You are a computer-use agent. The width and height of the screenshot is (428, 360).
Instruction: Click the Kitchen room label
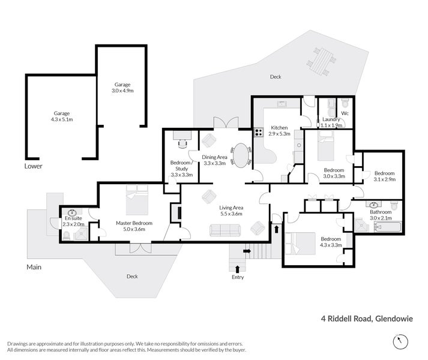point(279,128)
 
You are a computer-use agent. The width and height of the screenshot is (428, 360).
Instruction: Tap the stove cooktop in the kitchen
point(259,132)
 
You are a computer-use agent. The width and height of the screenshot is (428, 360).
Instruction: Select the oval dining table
point(241,155)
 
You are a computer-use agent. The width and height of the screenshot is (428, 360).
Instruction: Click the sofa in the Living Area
point(225,229)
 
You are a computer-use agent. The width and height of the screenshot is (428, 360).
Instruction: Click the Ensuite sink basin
point(73,212)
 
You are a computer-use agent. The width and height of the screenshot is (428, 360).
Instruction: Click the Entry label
point(238,277)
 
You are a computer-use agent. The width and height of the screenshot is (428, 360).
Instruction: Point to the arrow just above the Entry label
point(238,268)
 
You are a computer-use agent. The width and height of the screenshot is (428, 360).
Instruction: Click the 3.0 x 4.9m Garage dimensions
point(122,91)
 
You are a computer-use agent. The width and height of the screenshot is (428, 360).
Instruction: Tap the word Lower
point(34,166)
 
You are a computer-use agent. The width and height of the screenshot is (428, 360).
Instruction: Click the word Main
point(34,267)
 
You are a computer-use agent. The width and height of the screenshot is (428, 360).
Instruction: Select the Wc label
point(345,113)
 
